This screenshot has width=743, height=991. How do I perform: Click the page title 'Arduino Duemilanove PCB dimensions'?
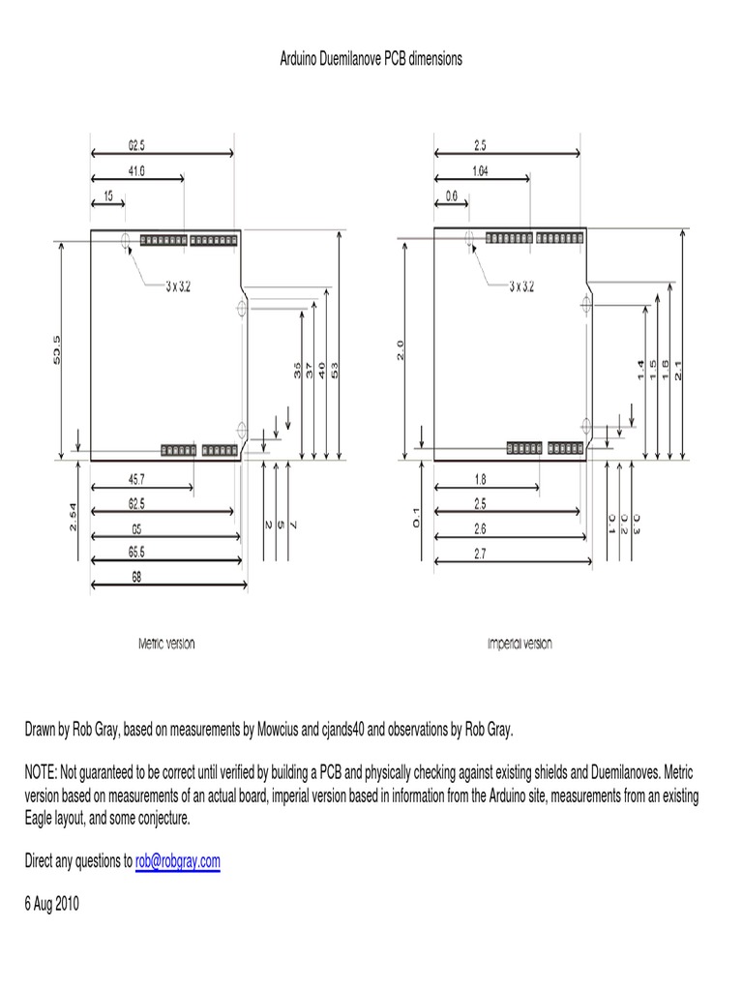[371, 58]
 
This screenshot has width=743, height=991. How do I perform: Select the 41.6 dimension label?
[135, 171]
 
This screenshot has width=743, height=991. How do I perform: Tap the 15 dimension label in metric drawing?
[108, 195]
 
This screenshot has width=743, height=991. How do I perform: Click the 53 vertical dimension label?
[336, 370]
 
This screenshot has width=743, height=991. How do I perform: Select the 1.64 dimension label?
[481, 171]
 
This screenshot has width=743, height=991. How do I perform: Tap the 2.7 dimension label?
[481, 552]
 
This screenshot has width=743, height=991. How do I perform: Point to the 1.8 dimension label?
[481, 479]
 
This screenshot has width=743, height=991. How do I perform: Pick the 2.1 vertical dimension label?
[679, 370]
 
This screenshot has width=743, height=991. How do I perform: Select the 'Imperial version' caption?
[520, 645]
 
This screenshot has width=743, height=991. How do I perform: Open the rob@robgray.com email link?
[178, 860]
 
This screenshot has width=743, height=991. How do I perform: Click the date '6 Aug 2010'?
[51, 904]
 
